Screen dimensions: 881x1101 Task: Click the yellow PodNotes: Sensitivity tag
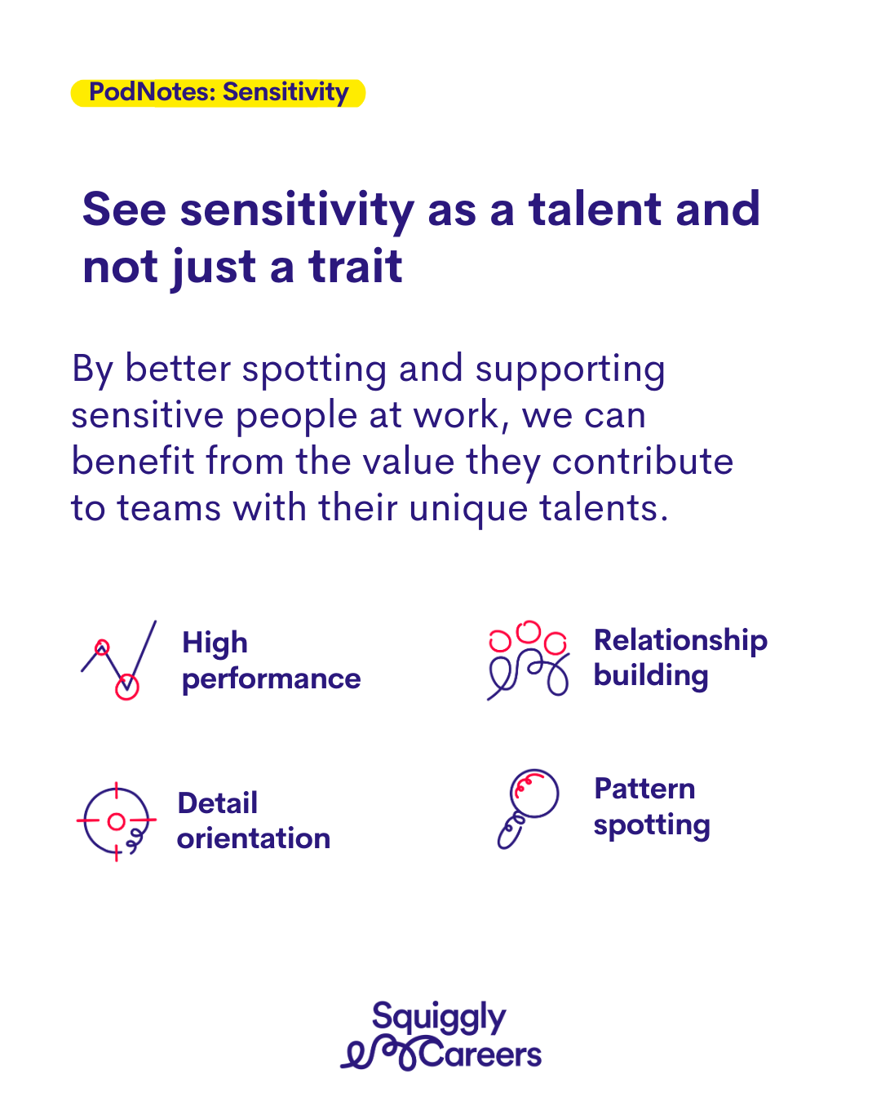(218, 93)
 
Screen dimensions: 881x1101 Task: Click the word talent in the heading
(595, 209)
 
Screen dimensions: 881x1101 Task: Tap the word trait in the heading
(356, 266)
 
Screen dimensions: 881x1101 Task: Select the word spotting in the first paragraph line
(314, 370)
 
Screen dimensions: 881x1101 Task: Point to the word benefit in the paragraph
(133, 461)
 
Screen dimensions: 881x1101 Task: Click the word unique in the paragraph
(468, 510)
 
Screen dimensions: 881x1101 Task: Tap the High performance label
(272, 661)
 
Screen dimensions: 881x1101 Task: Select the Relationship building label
(680, 658)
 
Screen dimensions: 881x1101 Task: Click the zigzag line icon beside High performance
(119, 660)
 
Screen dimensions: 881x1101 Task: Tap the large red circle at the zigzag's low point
(127, 687)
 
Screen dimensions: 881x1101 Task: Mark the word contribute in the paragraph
(643, 461)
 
